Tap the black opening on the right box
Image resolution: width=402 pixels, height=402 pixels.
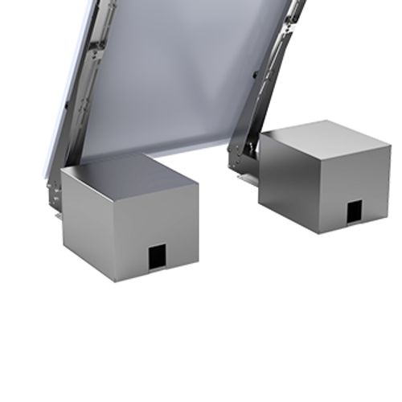point(354,212)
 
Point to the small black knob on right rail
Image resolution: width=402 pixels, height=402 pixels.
point(256,76)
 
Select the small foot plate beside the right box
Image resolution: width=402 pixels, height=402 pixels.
point(250,178)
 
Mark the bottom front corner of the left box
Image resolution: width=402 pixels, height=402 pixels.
point(117,281)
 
